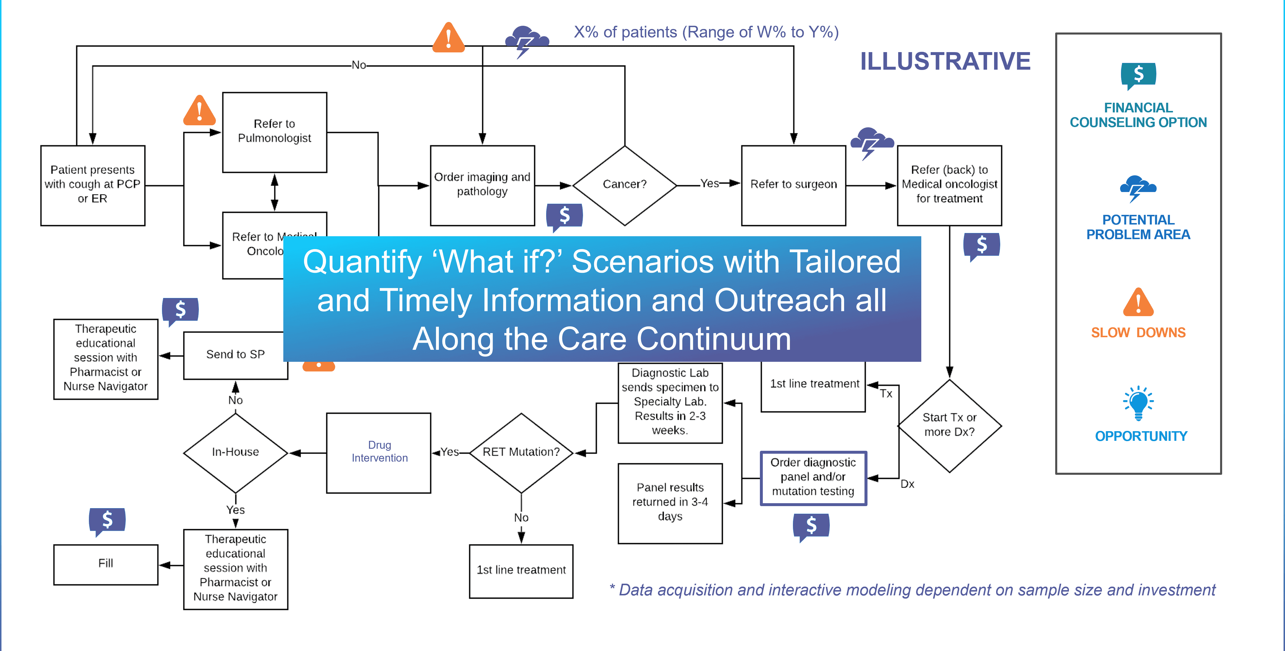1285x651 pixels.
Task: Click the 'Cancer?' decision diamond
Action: point(625,185)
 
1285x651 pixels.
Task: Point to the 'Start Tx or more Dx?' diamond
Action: point(949,425)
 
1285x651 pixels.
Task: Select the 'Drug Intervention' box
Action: point(379,452)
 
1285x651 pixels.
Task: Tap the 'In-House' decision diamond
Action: point(235,452)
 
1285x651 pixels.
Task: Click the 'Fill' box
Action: point(106,564)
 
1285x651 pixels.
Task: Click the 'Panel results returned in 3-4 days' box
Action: point(670,503)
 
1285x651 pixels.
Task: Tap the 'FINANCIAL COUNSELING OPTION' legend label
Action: point(1138,115)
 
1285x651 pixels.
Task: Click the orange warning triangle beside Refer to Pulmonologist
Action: point(199,111)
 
